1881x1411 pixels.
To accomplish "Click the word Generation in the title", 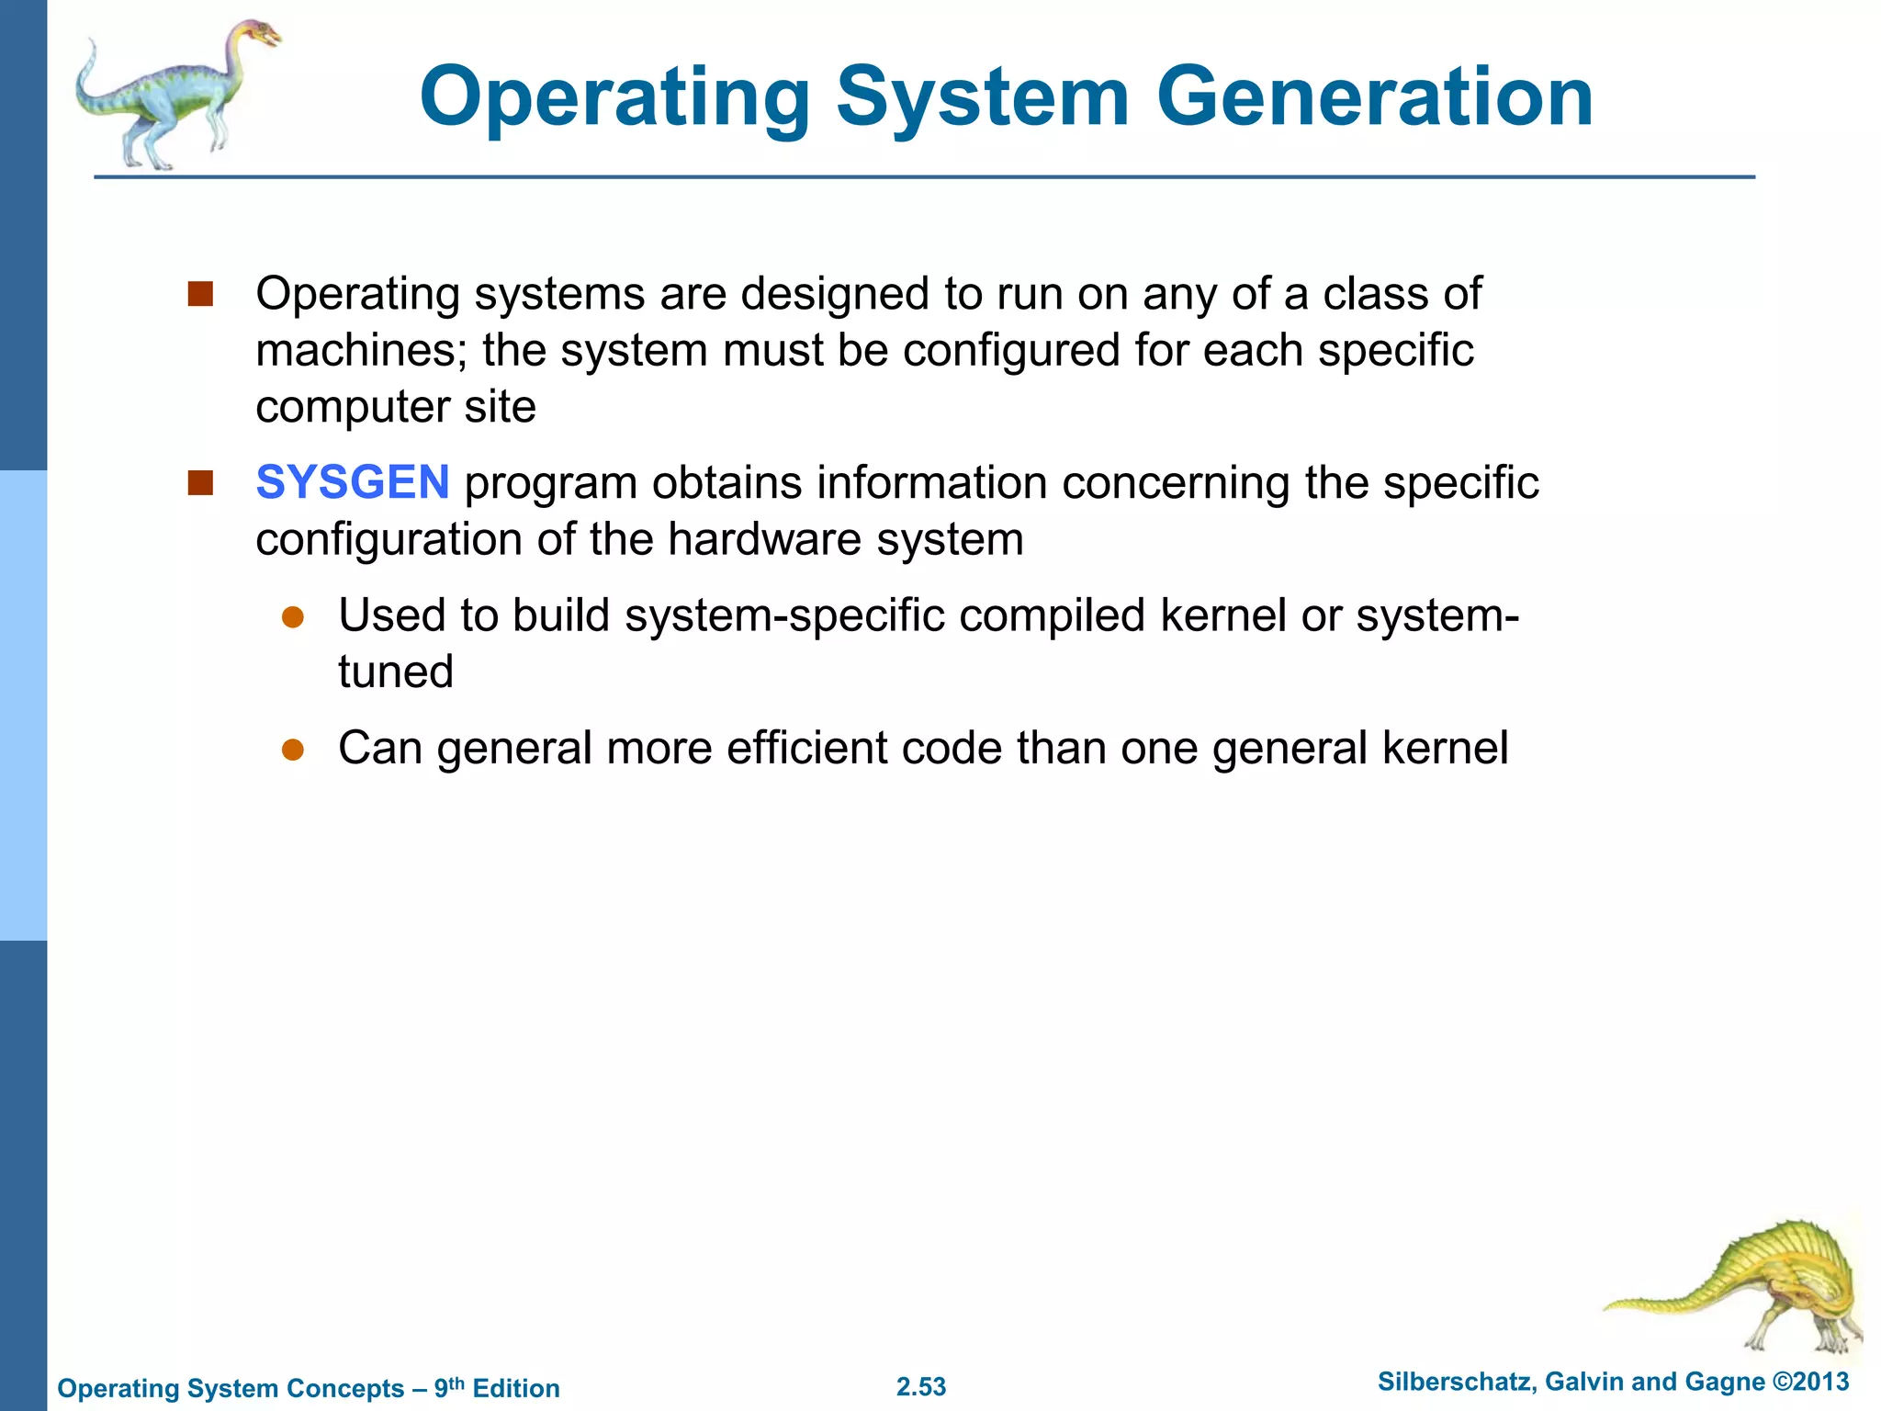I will (1374, 97).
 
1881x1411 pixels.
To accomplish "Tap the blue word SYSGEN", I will (353, 482).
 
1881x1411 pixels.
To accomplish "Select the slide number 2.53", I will (921, 1387).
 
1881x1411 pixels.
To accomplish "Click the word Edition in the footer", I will (516, 1388).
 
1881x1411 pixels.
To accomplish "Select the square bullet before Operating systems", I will (200, 294).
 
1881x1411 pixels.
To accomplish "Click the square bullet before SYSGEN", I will (200, 483).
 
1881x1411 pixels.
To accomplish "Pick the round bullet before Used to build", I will (293, 617).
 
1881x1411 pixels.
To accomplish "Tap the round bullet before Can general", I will (293, 750).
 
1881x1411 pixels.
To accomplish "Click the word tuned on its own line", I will (396, 672).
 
